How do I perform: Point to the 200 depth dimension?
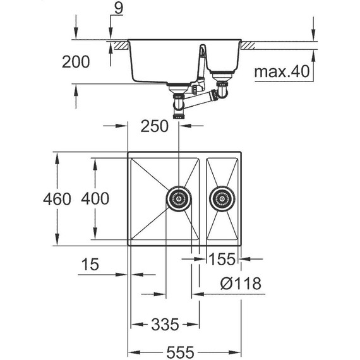76,62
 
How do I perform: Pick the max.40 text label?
283,73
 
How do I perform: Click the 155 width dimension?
222,259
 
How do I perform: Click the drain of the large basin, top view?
178,198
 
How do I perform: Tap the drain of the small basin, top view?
222,198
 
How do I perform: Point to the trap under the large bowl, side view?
179,99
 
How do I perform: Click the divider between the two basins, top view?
199,198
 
